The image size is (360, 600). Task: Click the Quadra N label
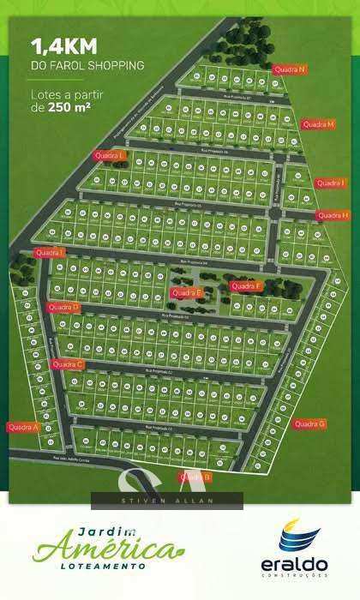(290, 69)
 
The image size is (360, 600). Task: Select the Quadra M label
(317, 124)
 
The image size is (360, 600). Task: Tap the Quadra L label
(110, 155)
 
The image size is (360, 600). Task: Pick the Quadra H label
(333, 215)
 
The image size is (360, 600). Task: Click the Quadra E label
(186, 292)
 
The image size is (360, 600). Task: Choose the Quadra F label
(245, 285)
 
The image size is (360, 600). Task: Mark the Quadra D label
(63, 307)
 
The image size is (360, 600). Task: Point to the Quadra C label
(68, 364)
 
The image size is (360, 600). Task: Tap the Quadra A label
(23, 426)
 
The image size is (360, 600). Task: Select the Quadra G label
(309, 423)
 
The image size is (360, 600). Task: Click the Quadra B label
(195, 476)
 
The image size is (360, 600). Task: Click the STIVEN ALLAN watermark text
(167, 501)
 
